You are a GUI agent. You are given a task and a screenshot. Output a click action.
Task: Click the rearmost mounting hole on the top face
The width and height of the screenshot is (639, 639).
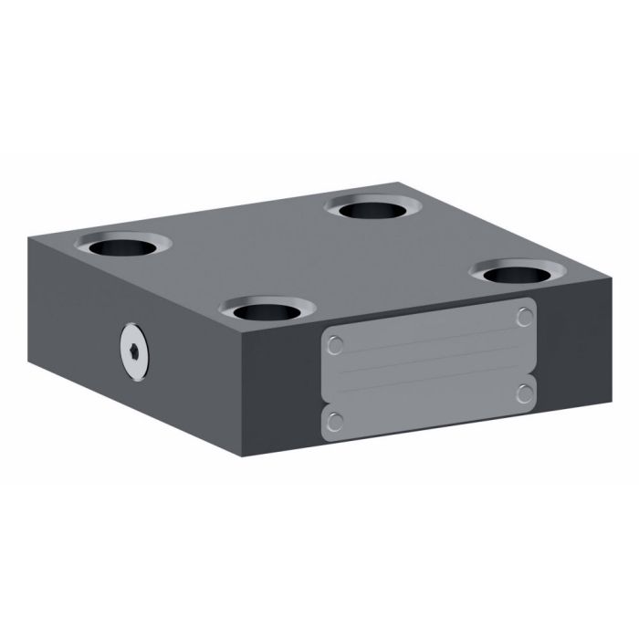click(373, 209)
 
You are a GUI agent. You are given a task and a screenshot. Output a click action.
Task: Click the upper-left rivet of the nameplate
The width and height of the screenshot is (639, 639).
click(335, 345)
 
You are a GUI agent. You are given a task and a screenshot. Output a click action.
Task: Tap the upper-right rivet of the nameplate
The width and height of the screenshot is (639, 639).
click(524, 317)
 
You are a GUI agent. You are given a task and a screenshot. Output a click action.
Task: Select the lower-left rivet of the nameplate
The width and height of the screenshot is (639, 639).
click(335, 421)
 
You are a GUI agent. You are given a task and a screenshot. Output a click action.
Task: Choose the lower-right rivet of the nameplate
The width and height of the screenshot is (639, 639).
click(524, 393)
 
